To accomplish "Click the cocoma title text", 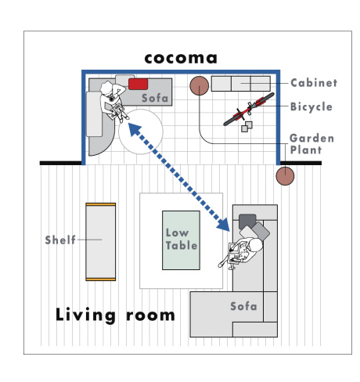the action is point(181,59).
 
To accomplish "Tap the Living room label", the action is point(115,315).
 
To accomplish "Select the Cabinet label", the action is point(314,83).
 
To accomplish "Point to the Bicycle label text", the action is point(311,107).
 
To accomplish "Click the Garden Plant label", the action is point(311,144).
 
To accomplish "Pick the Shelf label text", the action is point(60,240).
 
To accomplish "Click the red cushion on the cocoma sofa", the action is point(138,84).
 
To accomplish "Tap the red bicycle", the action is point(249,109).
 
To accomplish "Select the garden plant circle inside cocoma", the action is point(199,85).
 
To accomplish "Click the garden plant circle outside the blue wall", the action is point(285,176).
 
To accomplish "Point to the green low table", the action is point(181,240).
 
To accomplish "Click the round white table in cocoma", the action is point(141,132).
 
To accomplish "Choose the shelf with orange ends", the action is point(101,242).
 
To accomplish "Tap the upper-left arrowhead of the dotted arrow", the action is point(135,129).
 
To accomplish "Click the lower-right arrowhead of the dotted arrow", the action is point(224,225).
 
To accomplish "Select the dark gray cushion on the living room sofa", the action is point(247,222).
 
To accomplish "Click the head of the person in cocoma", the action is point(106,88).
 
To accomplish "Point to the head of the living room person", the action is point(255,245).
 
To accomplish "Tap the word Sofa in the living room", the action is point(243,306).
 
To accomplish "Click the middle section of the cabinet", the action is point(241,84).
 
